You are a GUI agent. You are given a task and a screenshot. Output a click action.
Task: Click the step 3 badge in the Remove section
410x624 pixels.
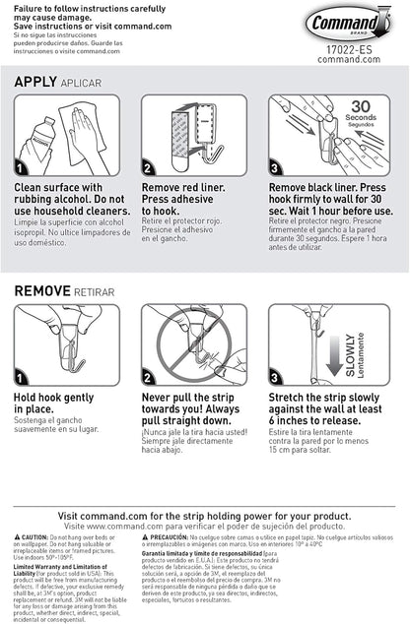click(277, 377)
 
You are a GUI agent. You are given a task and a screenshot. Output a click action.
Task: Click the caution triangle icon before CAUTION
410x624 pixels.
click(20, 536)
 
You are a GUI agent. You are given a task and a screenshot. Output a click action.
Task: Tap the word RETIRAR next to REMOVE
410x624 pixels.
click(98, 292)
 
